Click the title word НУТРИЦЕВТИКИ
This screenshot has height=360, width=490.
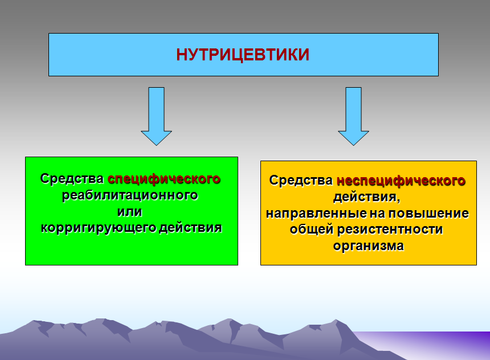[x=243, y=55]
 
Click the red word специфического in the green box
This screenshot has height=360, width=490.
[x=164, y=179]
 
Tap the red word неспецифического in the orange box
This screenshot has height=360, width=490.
[x=401, y=181]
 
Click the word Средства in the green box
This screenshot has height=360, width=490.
[x=72, y=179]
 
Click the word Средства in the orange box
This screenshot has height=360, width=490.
[x=301, y=181]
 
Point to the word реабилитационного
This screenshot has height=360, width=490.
[x=130, y=195]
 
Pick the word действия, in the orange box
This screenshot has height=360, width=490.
[x=367, y=198]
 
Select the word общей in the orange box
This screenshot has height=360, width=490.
[x=309, y=230]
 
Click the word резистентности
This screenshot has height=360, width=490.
[x=390, y=230]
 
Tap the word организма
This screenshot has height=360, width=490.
[x=368, y=247]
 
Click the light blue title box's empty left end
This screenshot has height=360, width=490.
[x=85, y=55]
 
